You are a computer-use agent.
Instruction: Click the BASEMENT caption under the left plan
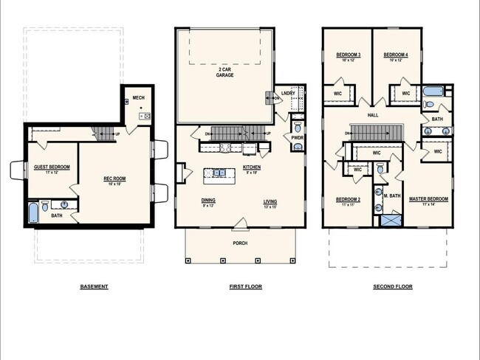coord(95,286)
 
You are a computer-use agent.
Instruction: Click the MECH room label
coord(138,97)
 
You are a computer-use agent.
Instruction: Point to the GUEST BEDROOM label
coord(52,167)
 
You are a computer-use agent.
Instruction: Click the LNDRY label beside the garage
coord(287,93)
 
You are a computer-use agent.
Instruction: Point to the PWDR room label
coord(298,137)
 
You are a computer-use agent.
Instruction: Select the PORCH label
coord(239,243)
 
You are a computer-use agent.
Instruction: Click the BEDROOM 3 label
coord(348,55)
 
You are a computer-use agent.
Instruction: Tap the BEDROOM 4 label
coord(396,55)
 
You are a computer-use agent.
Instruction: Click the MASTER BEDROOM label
coord(428,199)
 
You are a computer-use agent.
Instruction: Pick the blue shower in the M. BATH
coord(392,219)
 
